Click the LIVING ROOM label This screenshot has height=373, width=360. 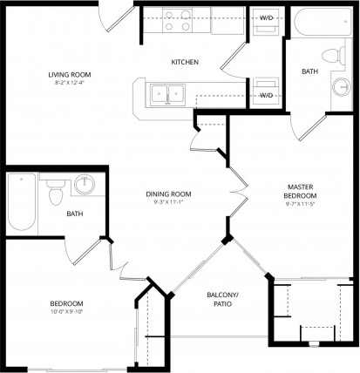pyautogui.click(x=70, y=74)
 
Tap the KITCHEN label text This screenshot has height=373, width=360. pyautogui.click(x=185, y=63)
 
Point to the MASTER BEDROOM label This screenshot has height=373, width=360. pyautogui.click(x=307, y=192)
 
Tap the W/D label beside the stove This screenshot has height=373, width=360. pyautogui.click(x=266, y=17)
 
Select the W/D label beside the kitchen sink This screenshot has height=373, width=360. pyautogui.click(x=266, y=94)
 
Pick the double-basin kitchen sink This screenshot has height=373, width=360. pyautogui.click(x=166, y=92)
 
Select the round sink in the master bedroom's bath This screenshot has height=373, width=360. pyautogui.click(x=341, y=87)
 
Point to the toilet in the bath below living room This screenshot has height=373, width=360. pyautogui.click(x=55, y=188)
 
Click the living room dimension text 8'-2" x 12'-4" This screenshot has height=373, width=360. pyautogui.click(x=70, y=84)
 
